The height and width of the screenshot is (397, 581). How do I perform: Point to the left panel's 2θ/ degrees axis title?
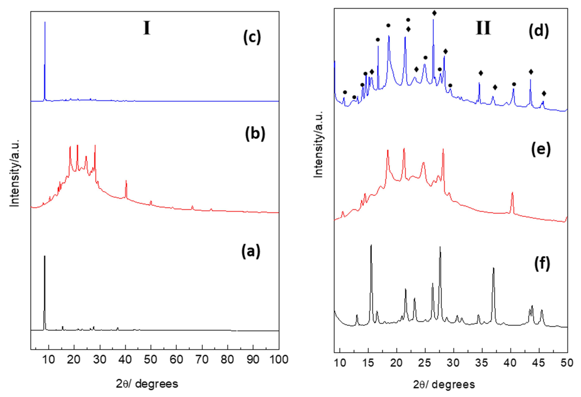pyautogui.click(x=147, y=384)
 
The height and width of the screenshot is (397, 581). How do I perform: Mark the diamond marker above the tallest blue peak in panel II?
pyautogui.click(x=434, y=13)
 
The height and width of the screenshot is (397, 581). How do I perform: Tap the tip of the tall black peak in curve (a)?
pyautogui.click(x=45, y=256)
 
